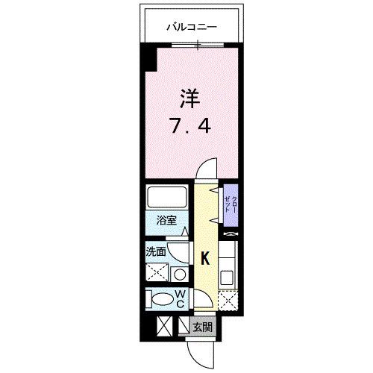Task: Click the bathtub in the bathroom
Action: [x=167, y=198]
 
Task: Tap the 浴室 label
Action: [x=166, y=221]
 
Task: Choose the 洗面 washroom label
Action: [x=156, y=252]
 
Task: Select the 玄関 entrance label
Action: [x=202, y=327]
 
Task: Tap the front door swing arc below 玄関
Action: [x=199, y=349]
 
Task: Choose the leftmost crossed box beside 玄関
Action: [x=164, y=326]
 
